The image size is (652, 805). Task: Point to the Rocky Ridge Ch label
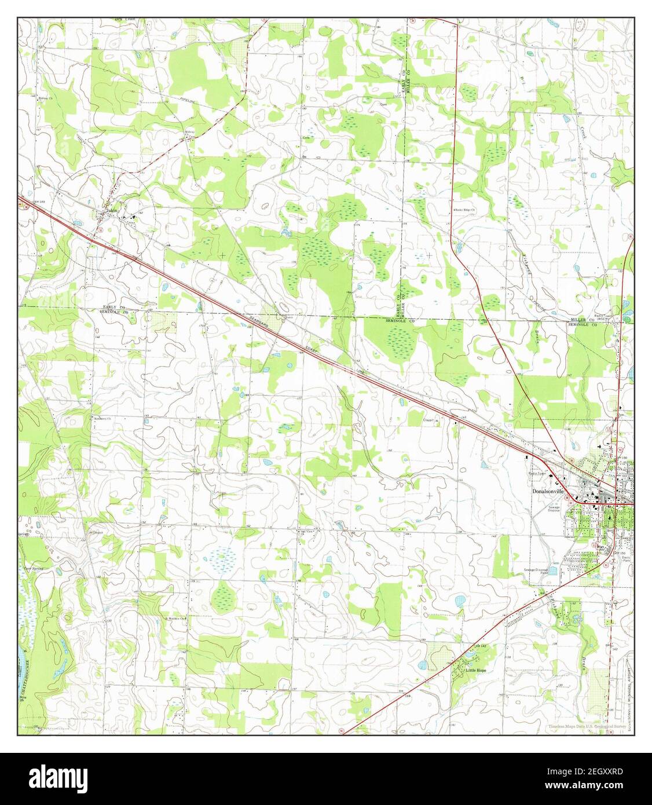464,209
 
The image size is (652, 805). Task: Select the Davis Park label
625,557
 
